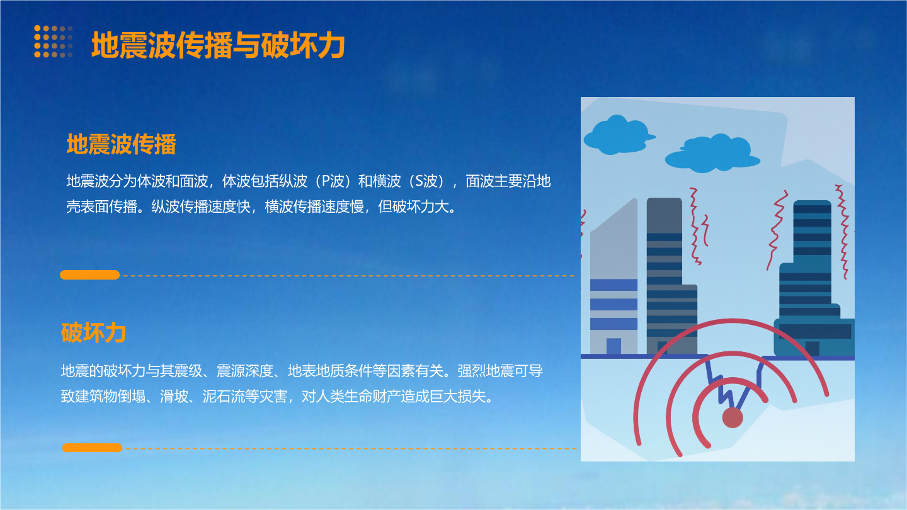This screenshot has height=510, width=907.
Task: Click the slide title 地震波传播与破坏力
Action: tap(218, 45)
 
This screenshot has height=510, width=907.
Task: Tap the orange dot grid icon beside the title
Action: tap(54, 42)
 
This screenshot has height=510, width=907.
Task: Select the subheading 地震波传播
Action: tap(121, 144)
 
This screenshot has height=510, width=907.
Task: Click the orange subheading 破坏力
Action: tap(93, 332)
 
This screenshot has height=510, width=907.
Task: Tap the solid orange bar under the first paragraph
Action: tap(90, 275)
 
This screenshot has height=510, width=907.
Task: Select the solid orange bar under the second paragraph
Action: tap(93, 448)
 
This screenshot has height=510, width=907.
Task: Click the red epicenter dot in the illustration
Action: tap(733, 417)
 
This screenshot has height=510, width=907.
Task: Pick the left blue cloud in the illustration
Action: tap(618, 135)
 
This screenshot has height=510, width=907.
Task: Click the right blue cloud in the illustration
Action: tap(712, 154)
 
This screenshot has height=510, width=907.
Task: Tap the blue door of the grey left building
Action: tap(613, 346)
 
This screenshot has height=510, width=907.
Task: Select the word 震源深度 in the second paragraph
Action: tap(245, 371)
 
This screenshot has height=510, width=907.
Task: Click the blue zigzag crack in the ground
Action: tap(734, 385)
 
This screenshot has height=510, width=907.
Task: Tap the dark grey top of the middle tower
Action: tap(665, 215)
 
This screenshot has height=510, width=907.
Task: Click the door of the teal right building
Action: tap(813, 348)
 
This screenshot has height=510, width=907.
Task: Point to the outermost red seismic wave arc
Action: tap(731, 322)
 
